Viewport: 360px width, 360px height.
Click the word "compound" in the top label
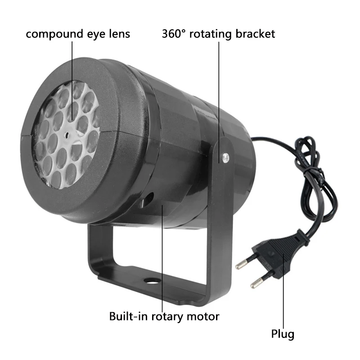pyautogui.click(x=54, y=35)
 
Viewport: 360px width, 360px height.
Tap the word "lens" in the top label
pyautogui.click(x=119, y=34)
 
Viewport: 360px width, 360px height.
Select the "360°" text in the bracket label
pyautogui.click(x=174, y=34)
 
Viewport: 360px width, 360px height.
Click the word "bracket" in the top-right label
pyautogui.click(x=255, y=34)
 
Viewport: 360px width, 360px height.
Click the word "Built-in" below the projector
pyautogui.click(x=128, y=316)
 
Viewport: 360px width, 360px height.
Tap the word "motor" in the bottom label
pyautogui.click(x=203, y=317)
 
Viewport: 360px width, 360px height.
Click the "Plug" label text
pyautogui.click(x=283, y=334)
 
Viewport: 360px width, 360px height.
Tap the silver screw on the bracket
pyautogui.click(x=225, y=157)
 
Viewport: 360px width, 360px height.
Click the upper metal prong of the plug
pyautogui.click(x=244, y=263)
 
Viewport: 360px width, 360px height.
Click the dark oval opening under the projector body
pyautogui.click(x=147, y=199)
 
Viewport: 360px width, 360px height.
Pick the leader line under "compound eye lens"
pyautogui.click(x=72, y=81)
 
